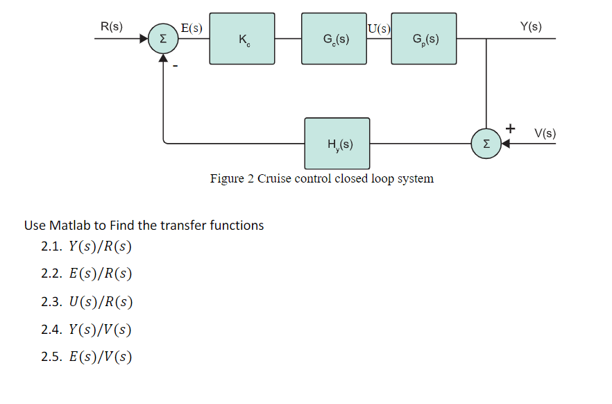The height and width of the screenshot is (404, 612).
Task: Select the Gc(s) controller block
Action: (334, 39)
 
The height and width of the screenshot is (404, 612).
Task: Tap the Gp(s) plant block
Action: (424, 39)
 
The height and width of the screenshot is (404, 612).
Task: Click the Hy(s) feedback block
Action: (337, 144)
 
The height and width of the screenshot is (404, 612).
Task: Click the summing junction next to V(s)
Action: (486, 144)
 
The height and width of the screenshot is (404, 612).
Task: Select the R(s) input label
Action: (111, 26)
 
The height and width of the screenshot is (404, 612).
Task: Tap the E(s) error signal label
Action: (192, 28)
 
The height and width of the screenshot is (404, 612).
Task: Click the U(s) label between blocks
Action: (379, 28)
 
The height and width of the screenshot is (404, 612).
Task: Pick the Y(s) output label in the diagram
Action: (531, 26)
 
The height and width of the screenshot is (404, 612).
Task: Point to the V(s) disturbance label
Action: (545, 133)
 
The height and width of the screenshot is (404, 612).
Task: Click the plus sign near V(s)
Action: (511, 128)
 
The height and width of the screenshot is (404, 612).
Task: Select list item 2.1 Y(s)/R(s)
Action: (87, 246)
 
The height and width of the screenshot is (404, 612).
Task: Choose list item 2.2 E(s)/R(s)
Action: (87, 274)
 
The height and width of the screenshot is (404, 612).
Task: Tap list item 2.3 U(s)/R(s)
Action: (87, 302)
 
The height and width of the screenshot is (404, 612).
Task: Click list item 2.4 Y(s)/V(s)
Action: (87, 329)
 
